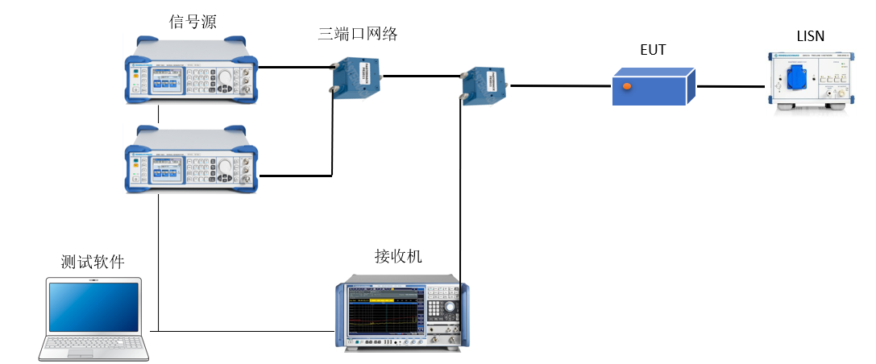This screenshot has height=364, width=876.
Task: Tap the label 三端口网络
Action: [358, 34]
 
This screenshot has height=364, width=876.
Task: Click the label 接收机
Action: [398, 257]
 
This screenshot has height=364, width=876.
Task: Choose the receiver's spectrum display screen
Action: [386, 311]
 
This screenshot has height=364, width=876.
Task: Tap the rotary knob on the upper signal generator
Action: [223, 77]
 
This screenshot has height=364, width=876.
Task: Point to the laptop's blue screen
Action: [93, 305]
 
